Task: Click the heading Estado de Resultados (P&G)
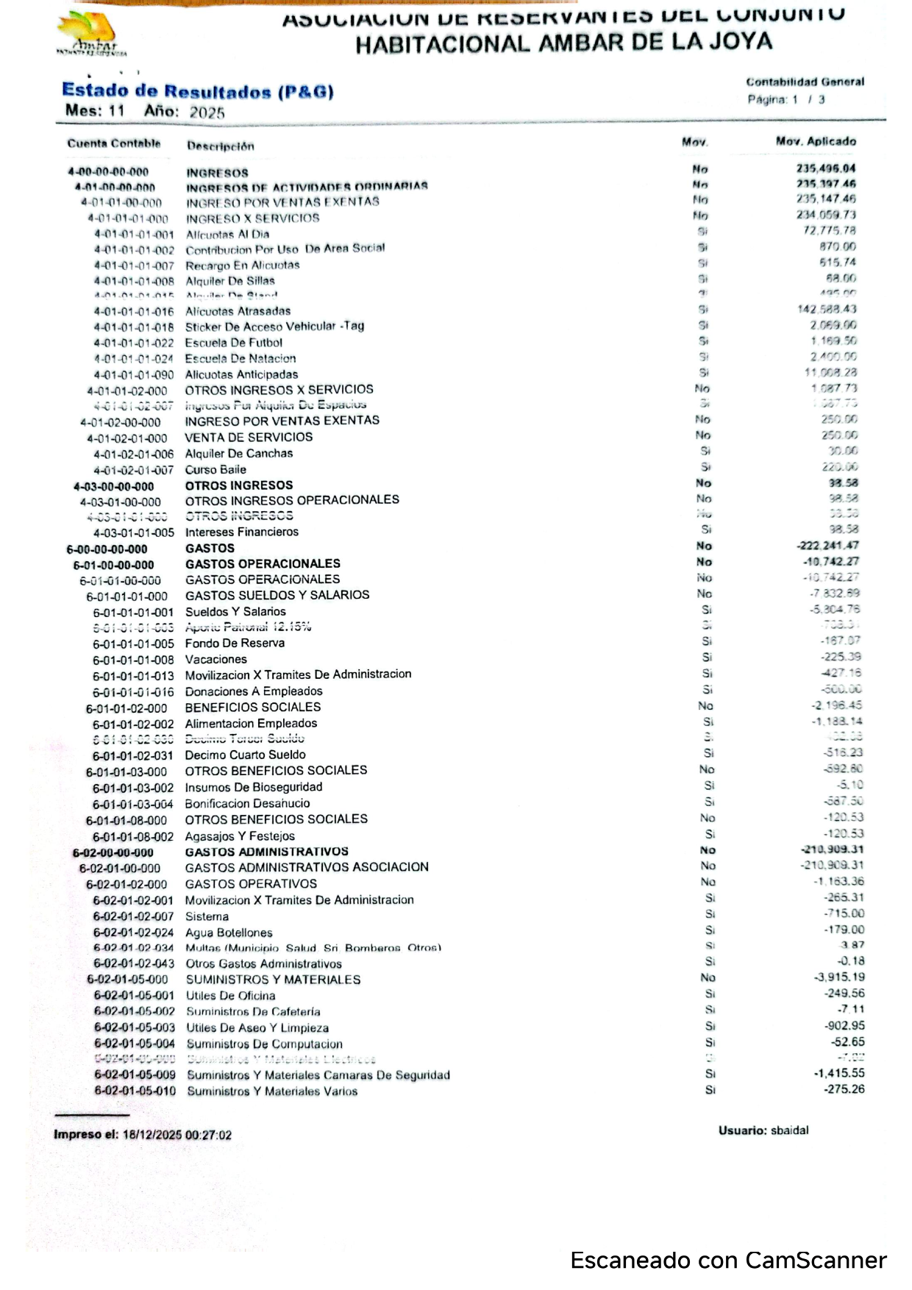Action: pyautogui.click(x=197, y=91)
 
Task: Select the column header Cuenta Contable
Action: pyautogui.click(x=113, y=143)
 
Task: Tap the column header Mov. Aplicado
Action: pyautogui.click(x=816, y=141)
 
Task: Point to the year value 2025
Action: pyautogui.click(x=207, y=113)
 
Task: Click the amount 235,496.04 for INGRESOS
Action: pyautogui.click(x=826, y=168)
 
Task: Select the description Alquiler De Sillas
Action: pyautogui.click(x=229, y=281)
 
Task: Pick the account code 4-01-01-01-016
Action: pyautogui.click(x=133, y=311)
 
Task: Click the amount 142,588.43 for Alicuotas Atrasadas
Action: pyautogui.click(x=827, y=309)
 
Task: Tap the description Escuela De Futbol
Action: pyautogui.click(x=233, y=343)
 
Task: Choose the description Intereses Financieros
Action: pyautogui.click(x=241, y=532)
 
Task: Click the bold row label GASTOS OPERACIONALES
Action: pyautogui.click(x=263, y=564)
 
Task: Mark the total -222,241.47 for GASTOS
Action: pyautogui.click(x=827, y=546)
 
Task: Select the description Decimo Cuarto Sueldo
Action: pyautogui.click(x=245, y=755)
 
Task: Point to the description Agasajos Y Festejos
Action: pyautogui.click(x=240, y=836)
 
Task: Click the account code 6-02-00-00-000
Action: pyautogui.click(x=113, y=852)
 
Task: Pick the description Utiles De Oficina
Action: pyautogui.click(x=230, y=996)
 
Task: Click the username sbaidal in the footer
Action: pyautogui.click(x=789, y=1130)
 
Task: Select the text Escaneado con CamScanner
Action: pyautogui.click(x=728, y=1261)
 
